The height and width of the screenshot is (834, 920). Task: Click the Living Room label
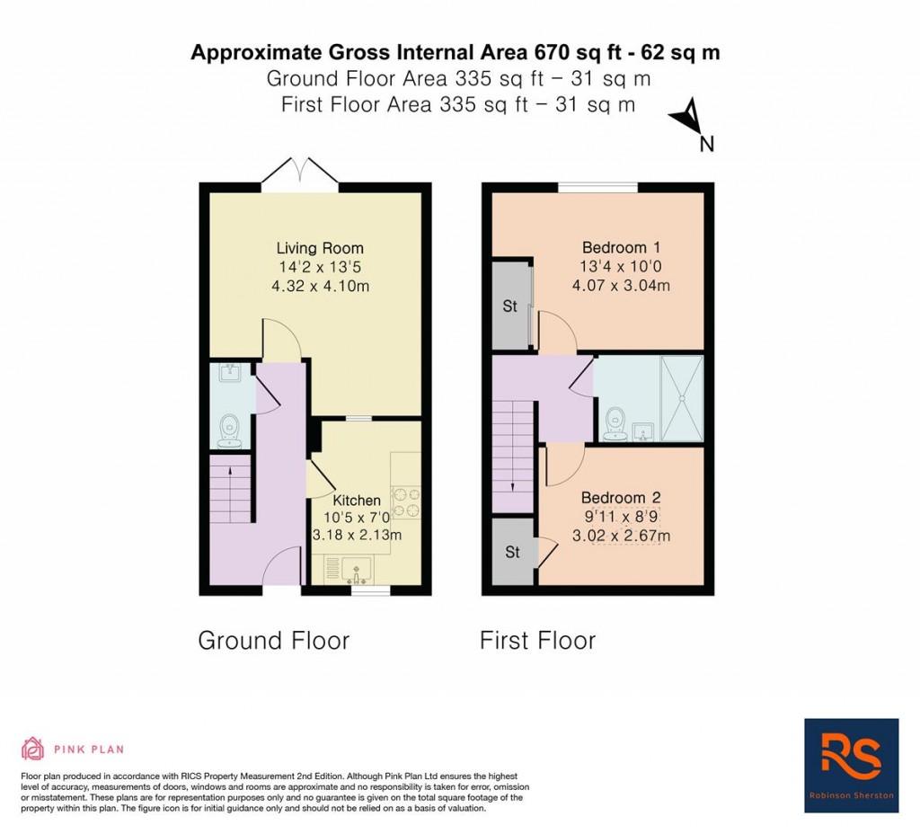tap(320, 248)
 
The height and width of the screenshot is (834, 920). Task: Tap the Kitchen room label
tap(357, 500)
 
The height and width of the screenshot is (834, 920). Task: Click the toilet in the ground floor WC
tap(231, 429)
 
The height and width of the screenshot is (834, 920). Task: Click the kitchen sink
tap(358, 570)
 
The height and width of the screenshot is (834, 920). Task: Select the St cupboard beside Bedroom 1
tap(510, 306)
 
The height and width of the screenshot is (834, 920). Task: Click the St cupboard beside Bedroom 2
tap(512, 553)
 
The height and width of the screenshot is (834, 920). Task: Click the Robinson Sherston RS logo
tap(851, 765)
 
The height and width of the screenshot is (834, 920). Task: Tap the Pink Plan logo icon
tap(32, 749)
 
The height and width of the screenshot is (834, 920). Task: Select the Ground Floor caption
tap(273, 641)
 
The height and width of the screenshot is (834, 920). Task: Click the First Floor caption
tap(537, 641)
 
